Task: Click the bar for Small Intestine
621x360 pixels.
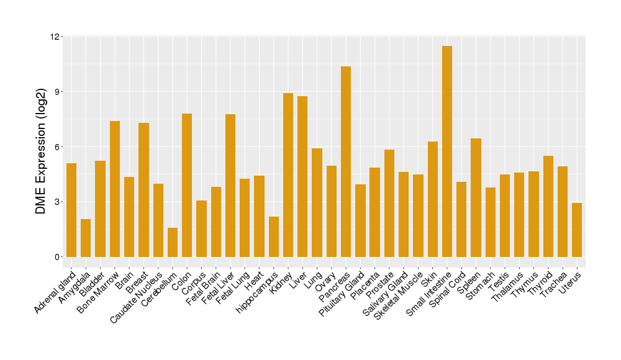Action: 447,151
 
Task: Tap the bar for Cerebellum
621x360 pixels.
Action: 173,242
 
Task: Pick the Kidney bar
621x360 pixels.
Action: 288,175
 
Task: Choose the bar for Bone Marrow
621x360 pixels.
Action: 115,189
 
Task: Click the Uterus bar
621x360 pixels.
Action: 577,230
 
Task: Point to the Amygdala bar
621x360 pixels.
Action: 86,238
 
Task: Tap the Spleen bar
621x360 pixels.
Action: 476,197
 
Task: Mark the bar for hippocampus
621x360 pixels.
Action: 274,236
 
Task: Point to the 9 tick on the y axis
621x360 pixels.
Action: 57,92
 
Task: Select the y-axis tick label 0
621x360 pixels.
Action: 57,257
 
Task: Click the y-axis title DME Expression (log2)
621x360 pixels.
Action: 41,147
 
